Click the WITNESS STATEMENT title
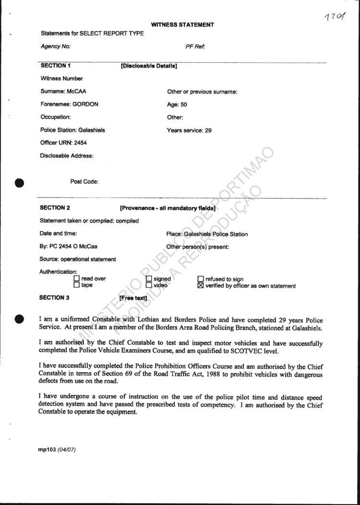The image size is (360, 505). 182,25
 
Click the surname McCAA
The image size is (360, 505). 77,92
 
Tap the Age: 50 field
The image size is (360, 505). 177,105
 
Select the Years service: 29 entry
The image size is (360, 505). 189,130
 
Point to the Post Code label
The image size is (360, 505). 84,182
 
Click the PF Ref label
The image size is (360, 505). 195,47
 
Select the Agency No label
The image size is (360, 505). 56,47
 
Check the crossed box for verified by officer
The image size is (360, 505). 201,286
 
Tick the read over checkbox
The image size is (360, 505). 76,279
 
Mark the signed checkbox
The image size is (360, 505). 149,279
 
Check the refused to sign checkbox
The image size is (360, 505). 201,279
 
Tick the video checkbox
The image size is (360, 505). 149,285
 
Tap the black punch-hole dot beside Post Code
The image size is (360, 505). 20,182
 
